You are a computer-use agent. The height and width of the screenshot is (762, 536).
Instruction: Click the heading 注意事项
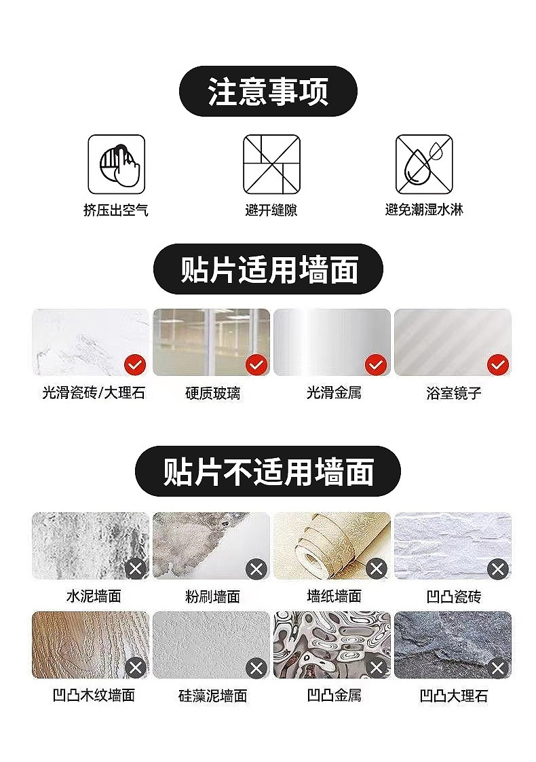point(268,92)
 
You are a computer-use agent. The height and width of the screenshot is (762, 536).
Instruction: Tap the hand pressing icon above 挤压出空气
point(116,164)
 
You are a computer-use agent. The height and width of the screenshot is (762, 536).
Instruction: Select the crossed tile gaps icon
point(271,164)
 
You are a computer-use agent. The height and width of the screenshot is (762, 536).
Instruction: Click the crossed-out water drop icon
point(424,164)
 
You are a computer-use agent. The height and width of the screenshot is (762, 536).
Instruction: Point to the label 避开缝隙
point(271,210)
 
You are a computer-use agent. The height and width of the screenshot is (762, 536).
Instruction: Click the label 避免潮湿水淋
point(424,210)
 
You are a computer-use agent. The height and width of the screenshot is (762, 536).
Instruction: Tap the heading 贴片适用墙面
point(269,269)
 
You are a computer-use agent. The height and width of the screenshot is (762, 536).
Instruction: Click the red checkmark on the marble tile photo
point(135,364)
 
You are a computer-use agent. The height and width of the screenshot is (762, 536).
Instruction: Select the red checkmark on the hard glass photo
point(256,364)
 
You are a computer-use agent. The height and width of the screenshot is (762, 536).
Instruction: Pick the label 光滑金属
point(334,393)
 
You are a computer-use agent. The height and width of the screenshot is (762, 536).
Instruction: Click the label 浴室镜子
point(453,393)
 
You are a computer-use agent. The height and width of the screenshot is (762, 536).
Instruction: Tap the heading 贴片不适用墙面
point(268,472)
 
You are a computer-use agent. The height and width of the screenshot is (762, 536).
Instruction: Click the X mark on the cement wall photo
point(135,568)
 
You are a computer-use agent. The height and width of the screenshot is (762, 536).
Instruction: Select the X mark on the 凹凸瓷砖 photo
point(497,568)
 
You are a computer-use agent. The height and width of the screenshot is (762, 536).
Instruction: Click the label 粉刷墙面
point(213,596)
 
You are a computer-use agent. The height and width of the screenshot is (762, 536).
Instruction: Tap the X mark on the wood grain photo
point(135,667)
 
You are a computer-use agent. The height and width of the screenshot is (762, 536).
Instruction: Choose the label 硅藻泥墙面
point(213,696)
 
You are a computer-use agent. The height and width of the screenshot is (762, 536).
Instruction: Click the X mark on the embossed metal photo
point(376,667)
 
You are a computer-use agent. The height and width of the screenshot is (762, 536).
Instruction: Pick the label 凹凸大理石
point(453,696)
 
